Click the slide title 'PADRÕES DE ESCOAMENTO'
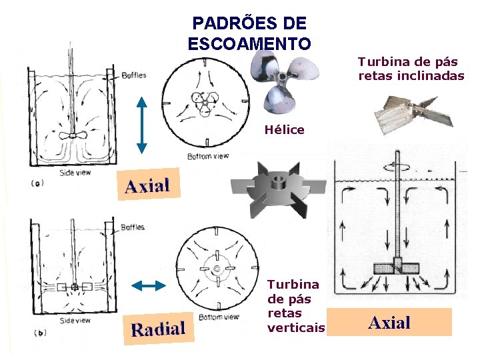[249, 33]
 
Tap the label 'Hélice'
[284, 130]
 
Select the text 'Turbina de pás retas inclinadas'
[411, 69]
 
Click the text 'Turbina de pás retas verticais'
[295, 306]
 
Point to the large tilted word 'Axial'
[147, 185]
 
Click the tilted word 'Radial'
[158, 327]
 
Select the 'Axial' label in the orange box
[389, 323]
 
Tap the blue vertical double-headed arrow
[141, 125]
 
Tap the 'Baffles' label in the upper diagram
[134, 75]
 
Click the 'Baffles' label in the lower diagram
[133, 227]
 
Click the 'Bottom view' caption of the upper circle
[208, 156]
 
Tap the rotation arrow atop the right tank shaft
[404, 162]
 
